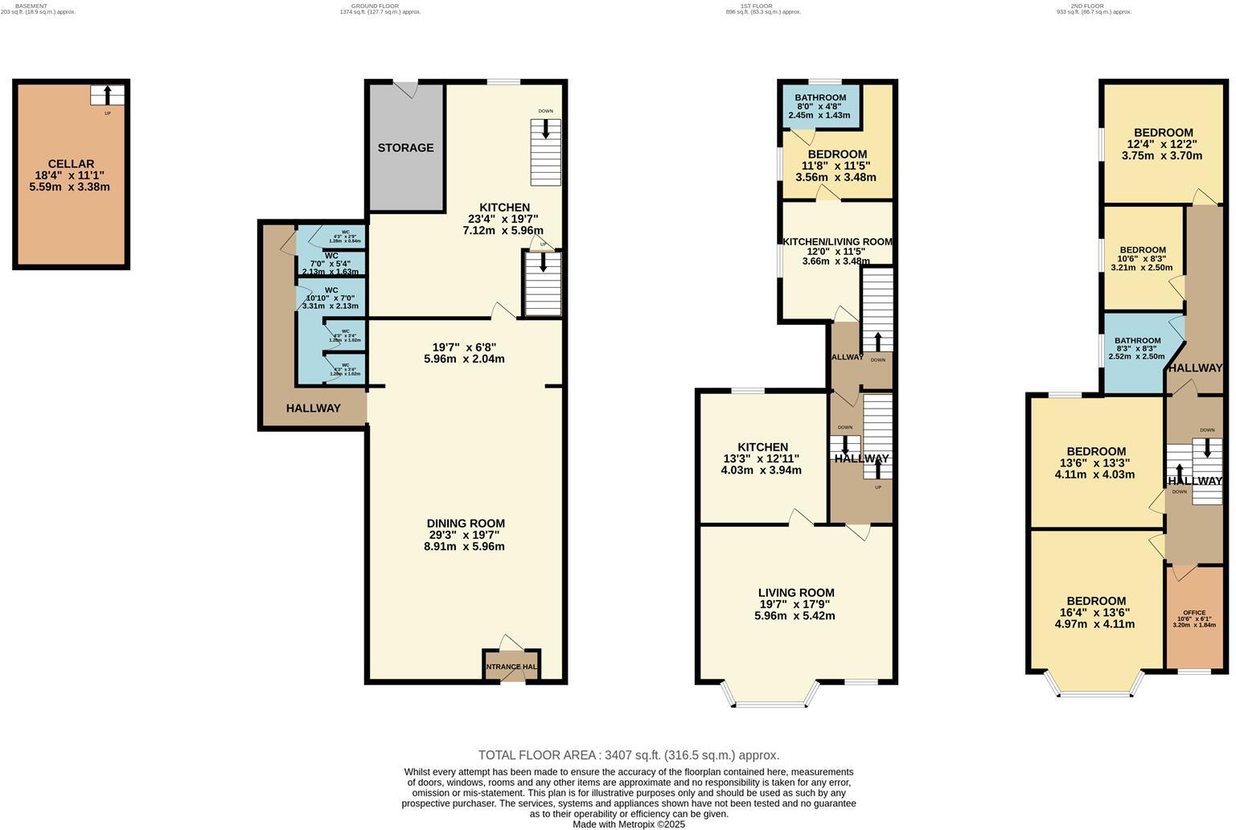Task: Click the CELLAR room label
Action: (71, 164)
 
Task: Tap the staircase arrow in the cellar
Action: (107, 95)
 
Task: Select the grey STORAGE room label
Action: (405, 148)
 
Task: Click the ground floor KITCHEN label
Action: (504, 207)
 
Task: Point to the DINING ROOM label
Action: (466, 523)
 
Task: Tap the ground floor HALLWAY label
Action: (313, 409)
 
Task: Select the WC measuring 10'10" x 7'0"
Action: (331, 298)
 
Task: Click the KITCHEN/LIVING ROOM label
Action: (837, 242)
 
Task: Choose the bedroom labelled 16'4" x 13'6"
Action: (1095, 612)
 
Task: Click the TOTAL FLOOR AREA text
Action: (628, 755)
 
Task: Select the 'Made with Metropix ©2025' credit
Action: (628, 824)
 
